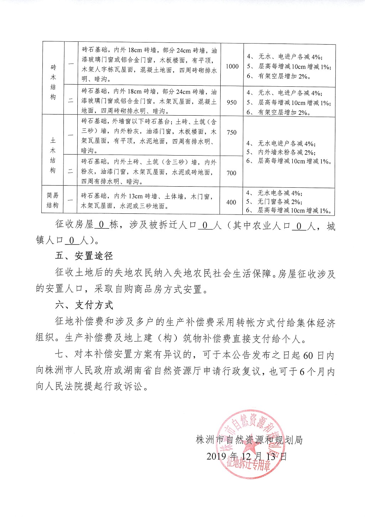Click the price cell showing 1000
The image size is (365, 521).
click(232, 66)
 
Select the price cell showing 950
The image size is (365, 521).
click(232, 102)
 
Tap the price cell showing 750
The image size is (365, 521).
click(232, 132)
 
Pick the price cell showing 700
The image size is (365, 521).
click(231, 173)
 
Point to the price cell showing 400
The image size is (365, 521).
click(231, 202)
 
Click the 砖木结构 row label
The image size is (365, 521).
click(53, 82)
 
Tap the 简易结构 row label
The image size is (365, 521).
click(53, 201)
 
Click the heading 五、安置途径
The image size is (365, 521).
click(84, 256)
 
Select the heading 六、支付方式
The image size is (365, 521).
click(84, 305)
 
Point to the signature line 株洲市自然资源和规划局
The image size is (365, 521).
click(249, 440)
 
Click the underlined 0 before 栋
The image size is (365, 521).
click(101, 225)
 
